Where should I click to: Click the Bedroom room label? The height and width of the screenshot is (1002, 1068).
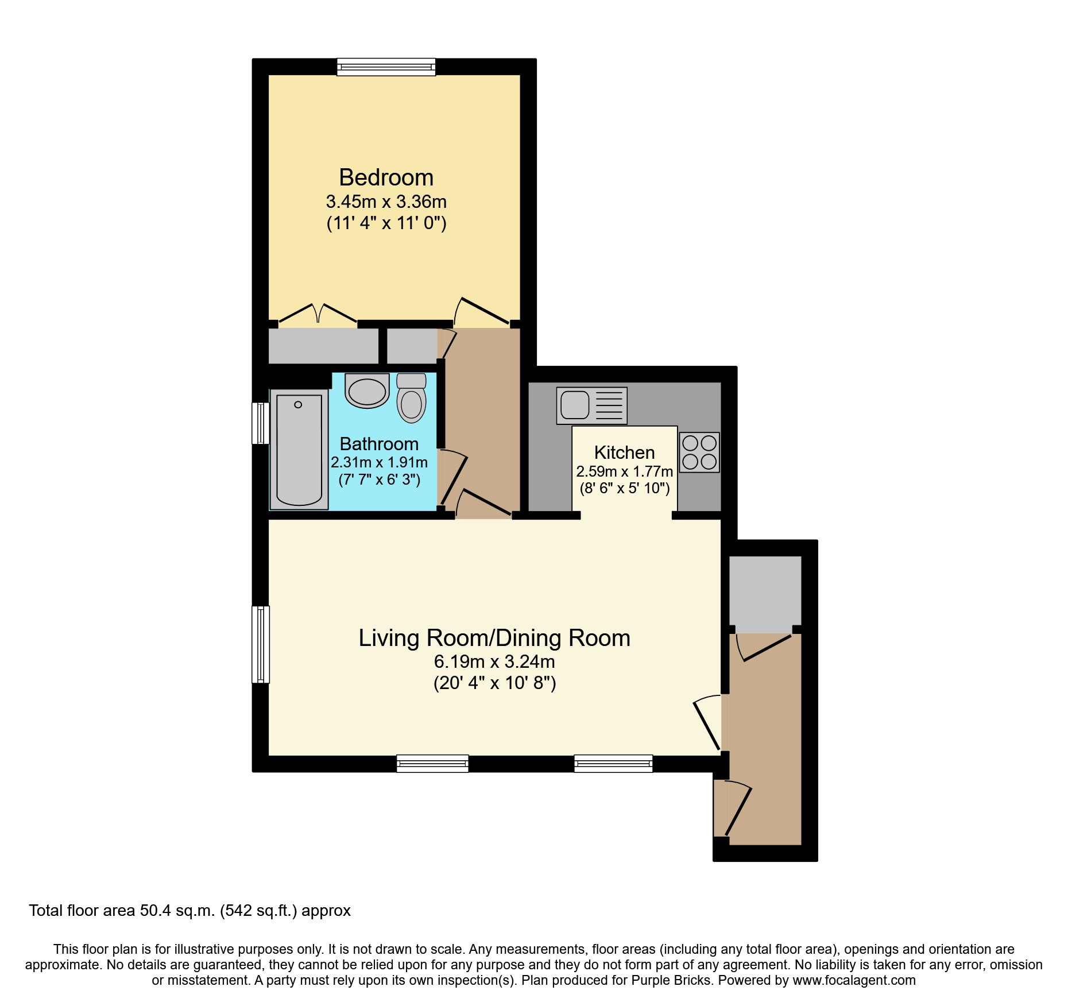pyautogui.click(x=386, y=177)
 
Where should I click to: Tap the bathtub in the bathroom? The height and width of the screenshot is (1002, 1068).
pyautogui.click(x=299, y=449)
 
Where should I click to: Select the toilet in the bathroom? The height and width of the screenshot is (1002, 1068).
pyautogui.click(x=411, y=397)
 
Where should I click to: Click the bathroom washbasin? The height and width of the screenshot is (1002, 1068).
pyautogui.click(x=367, y=391)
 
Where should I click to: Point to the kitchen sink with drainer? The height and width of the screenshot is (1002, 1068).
pyautogui.click(x=591, y=405)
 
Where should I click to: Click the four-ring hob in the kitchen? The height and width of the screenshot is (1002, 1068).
pyautogui.click(x=699, y=452)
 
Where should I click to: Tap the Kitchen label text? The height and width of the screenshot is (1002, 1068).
pyautogui.click(x=624, y=452)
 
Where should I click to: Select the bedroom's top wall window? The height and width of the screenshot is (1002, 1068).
pyautogui.click(x=386, y=67)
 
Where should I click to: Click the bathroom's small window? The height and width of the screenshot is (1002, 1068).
pyautogui.click(x=261, y=423)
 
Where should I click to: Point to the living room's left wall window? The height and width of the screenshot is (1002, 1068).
pyautogui.click(x=261, y=644)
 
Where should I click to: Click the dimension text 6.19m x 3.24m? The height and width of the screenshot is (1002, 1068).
pyautogui.click(x=494, y=661)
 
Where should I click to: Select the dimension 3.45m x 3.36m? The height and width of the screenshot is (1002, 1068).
pyautogui.click(x=386, y=202)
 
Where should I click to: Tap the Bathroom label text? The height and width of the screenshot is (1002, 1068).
pyautogui.click(x=379, y=444)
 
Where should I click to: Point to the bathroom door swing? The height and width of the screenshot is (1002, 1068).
pyautogui.click(x=454, y=474)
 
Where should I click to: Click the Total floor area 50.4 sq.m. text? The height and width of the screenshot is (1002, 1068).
pyautogui.click(x=189, y=911)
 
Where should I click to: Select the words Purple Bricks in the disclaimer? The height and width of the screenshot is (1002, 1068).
pyautogui.click(x=671, y=980)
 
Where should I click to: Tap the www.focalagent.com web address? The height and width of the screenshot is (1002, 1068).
pyautogui.click(x=854, y=980)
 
